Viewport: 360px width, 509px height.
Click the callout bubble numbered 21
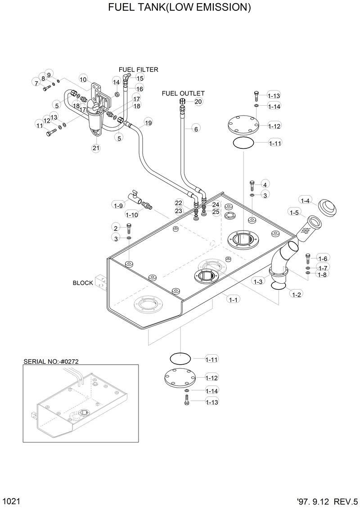coord(96,148)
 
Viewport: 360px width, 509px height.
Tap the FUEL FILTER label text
coord(138,70)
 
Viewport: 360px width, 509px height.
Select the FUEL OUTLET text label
coord(183,94)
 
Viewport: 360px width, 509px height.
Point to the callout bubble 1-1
coord(233,299)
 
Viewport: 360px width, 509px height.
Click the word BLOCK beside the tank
coord(83,283)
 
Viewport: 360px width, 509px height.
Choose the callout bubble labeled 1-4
coord(306,201)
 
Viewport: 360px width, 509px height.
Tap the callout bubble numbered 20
coord(198,102)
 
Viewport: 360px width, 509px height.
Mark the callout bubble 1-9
coord(118,205)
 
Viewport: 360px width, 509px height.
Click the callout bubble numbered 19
coord(148,122)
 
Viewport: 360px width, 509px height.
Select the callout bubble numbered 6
coord(196,129)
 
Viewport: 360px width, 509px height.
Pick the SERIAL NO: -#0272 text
coord(54,362)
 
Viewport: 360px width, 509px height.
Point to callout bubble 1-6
coord(323,259)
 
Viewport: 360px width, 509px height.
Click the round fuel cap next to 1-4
coord(328,208)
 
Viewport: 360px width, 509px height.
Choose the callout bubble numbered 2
coord(116,228)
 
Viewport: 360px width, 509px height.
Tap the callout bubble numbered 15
coord(140,78)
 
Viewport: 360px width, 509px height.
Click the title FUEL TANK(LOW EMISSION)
coord(180,8)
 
